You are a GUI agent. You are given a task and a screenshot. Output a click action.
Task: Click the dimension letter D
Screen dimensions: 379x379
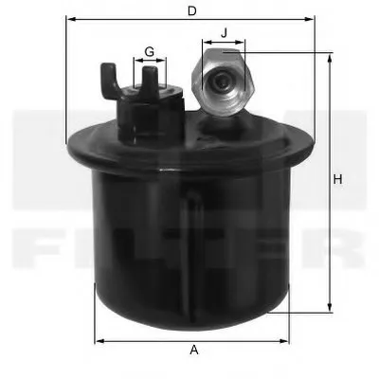[192, 10]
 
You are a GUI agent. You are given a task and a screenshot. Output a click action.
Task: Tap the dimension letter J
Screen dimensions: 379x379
[225, 32]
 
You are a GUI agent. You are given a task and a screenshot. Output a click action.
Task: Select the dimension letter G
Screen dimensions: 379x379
[149, 50]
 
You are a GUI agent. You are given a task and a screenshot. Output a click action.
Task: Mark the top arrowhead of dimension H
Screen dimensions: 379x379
[330, 58]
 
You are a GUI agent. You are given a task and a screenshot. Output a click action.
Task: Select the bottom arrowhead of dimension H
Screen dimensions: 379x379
[330, 307]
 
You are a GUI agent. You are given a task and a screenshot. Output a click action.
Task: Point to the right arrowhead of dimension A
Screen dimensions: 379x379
[286, 340]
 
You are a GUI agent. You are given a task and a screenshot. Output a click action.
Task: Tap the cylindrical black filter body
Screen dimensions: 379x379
[189, 246]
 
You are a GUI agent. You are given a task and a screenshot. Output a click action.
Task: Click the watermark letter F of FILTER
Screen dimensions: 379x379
[38, 248]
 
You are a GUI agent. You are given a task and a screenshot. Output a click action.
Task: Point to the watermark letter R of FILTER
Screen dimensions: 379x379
[343, 248]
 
